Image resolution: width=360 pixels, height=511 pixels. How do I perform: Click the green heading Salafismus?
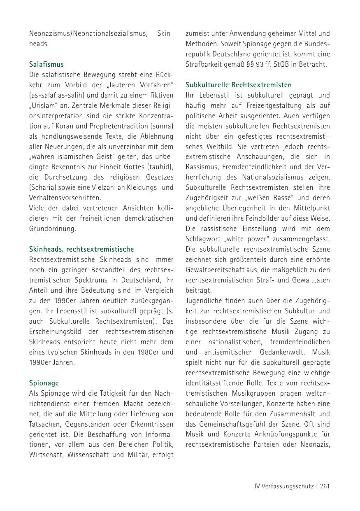coord(46,64)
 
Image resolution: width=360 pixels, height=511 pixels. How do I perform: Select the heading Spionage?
coord(44,383)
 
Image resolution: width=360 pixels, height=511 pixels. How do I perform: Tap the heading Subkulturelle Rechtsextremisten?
coord(238,85)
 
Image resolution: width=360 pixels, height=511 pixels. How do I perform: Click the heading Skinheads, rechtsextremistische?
coord(81,249)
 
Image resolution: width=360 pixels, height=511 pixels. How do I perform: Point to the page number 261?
coord(325,486)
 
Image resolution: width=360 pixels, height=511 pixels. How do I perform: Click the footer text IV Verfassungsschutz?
coord(283,486)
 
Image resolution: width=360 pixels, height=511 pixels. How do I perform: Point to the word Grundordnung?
coord(52,229)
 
